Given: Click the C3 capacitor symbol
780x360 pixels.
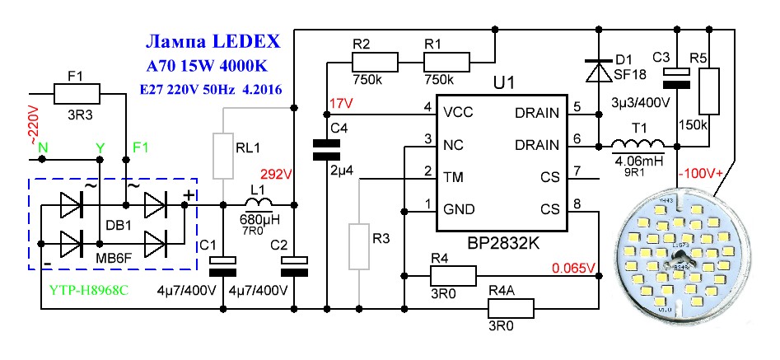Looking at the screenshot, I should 676,77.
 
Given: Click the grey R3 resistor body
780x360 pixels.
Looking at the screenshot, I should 360,245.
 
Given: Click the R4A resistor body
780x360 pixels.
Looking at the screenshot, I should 511,309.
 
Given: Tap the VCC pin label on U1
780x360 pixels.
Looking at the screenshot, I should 455,110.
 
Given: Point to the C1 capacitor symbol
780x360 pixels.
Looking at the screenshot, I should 224,264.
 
